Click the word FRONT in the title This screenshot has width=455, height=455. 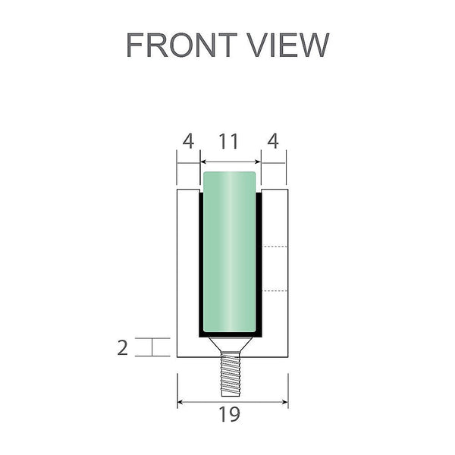click(177, 45)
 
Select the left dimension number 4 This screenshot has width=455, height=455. click(188, 141)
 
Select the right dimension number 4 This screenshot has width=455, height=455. click(273, 141)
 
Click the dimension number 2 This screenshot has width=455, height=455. click(123, 347)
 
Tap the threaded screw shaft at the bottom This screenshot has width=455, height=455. click(230, 376)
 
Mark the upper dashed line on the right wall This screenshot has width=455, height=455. click(275, 248)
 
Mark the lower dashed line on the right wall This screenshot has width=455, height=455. click(275, 290)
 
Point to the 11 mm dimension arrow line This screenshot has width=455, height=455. click(230, 162)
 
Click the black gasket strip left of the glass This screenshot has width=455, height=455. click(201, 265)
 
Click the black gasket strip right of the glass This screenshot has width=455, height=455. click(259, 265)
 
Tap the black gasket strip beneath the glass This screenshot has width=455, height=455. click(230, 334)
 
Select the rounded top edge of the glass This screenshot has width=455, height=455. click(230, 174)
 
